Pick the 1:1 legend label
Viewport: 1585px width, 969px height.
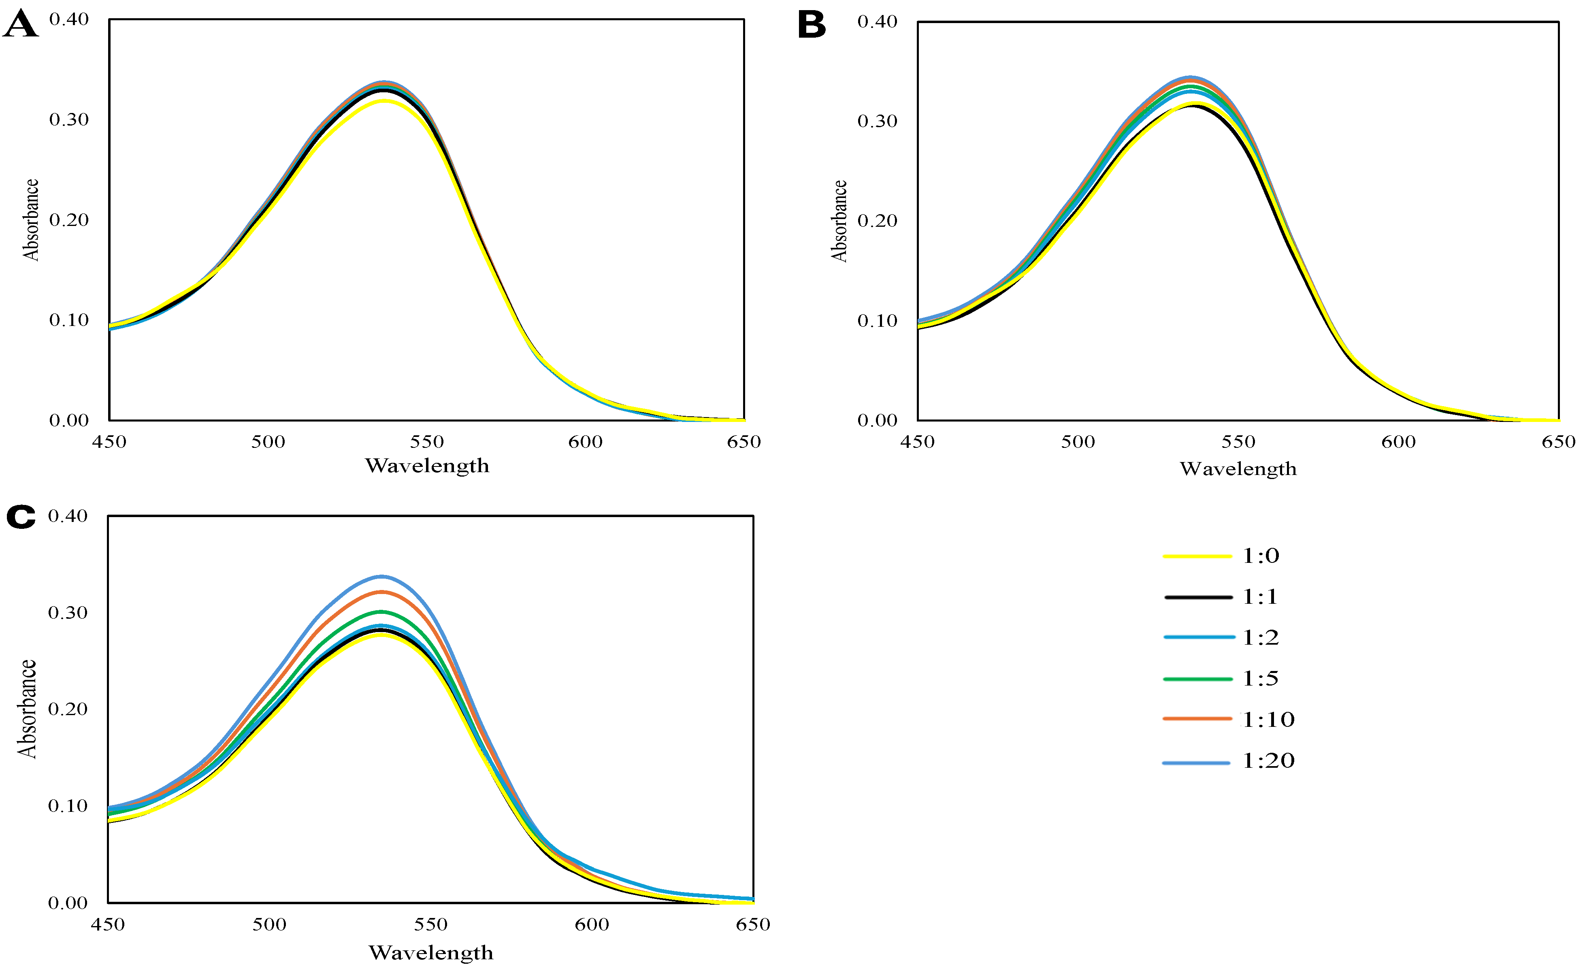point(1259,596)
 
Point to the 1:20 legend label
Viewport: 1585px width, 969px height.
point(1268,760)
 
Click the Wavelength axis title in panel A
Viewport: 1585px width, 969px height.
point(427,466)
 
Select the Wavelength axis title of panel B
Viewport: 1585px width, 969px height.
point(1238,469)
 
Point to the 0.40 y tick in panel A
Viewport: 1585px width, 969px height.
point(69,19)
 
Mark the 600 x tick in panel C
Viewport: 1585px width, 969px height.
point(592,924)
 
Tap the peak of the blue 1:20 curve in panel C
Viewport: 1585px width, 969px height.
point(382,576)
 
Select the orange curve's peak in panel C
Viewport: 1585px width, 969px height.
point(382,591)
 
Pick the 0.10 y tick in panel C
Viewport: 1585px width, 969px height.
point(68,805)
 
